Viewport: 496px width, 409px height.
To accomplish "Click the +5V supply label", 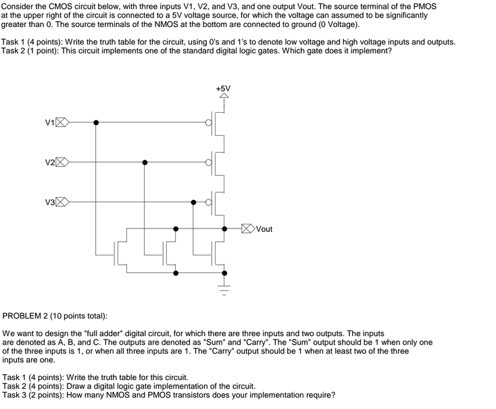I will click(223, 88).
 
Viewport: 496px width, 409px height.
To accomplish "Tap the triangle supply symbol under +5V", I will click(223, 96).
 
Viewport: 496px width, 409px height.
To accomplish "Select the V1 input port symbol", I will click(61, 122).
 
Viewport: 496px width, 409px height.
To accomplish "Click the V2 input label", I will click(49, 163).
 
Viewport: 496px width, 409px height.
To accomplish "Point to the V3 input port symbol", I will click(61, 202).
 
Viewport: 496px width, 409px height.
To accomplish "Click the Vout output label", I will click(264, 229).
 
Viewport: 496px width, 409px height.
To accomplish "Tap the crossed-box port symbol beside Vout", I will click(248, 228).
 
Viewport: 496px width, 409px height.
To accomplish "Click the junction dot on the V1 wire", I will click(96, 122).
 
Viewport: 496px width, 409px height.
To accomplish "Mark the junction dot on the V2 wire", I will click(145, 162).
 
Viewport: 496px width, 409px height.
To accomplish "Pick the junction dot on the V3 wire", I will click(193, 202).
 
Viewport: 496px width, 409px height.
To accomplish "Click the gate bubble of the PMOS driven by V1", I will click(209, 122).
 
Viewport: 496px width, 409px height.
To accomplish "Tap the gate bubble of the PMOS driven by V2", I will click(209, 162).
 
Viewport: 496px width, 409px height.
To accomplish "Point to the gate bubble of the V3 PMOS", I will click(209, 202).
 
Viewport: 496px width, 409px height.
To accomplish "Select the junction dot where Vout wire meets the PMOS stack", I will click(223, 228).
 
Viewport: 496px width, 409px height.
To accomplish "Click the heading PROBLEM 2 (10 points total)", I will click(55, 316).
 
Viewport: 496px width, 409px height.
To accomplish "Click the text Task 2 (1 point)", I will click(39, 51).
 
